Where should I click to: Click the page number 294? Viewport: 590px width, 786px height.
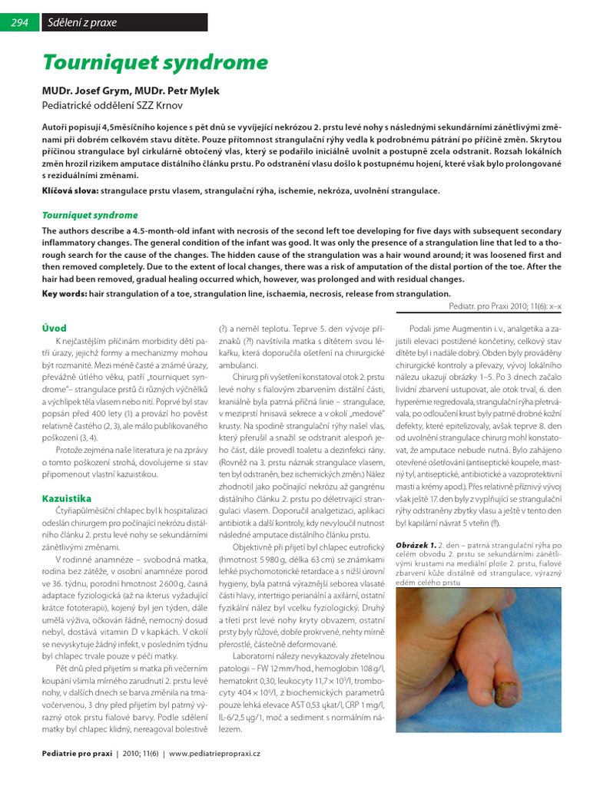[x=19, y=23]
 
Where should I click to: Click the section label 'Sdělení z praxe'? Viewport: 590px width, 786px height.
[x=82, y=23]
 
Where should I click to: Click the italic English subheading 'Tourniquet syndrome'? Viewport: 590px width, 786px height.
[x=90, y=216]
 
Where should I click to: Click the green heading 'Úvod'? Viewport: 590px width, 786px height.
[x=54, y=328]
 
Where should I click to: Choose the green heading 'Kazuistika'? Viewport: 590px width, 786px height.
[x=67, y=499]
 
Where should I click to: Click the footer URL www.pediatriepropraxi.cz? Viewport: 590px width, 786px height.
[x=220, y=755]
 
